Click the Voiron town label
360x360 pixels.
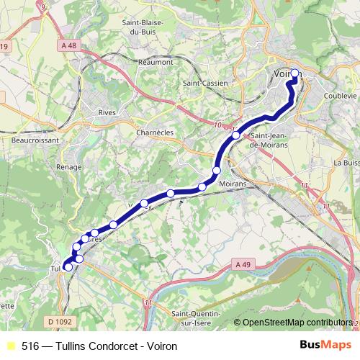tap(284, 73)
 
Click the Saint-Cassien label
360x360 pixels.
tap(205, 84)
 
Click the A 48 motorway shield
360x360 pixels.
tap(69, 46)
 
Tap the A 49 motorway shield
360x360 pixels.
tap(243, 265)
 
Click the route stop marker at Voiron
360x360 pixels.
tap(294, 73)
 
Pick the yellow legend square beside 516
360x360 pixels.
tap(9, 346)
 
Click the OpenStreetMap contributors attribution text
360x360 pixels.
tap(297, 323)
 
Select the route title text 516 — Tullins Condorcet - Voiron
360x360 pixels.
tap(99, 346)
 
